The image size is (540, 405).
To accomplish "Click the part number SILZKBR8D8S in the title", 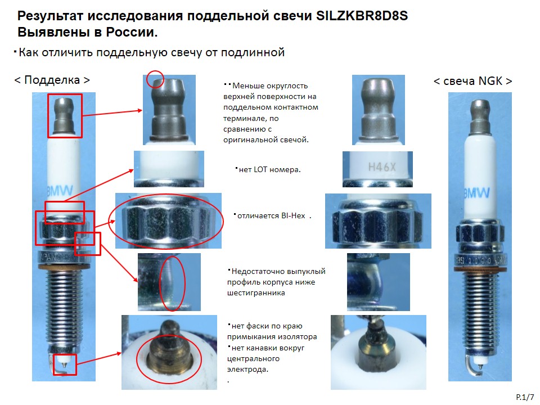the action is tap(362, 16).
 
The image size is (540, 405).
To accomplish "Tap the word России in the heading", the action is tap(132, 32).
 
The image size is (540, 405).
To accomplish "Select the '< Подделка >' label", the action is tap(52, 80).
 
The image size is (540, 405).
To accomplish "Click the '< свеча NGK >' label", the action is tap(473, 81).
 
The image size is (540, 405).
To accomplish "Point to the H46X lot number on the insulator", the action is tap(382, 167).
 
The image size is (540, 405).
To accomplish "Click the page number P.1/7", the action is tap(525, 397).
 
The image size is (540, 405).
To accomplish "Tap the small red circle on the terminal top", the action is tap(155, 79).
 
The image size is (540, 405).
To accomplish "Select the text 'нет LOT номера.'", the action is tap(269, 169).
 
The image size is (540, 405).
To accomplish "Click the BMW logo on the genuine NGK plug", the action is tap(476, 193).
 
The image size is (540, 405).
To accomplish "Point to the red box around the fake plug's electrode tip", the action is tap(64, 364).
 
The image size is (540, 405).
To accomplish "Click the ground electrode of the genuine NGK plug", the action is tap(473, 368).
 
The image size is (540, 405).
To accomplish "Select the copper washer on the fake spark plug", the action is tap(64, 266).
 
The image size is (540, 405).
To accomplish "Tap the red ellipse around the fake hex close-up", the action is tap(166, 221).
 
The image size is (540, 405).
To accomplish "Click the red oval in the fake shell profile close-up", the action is tap(172, 283).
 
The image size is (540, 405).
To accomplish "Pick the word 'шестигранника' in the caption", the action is tap(256, 293).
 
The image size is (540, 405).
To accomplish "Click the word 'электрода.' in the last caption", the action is tap(247, 370).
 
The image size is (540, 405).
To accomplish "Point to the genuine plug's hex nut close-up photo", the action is tap(378, 220).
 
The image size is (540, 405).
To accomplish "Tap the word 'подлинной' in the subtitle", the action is tap(253, 52).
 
